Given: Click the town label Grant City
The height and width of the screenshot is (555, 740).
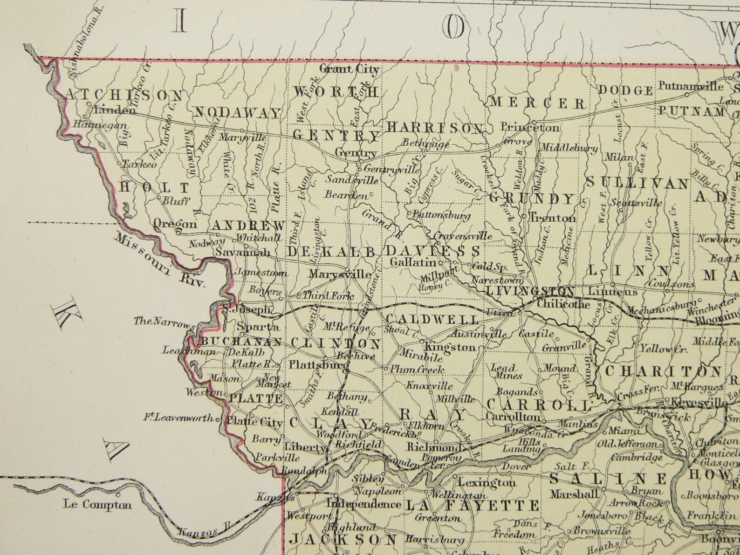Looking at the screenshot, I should [349, 69].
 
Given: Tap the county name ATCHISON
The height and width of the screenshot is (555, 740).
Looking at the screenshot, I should [123, 96].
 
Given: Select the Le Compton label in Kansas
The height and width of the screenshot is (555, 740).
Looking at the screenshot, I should [97, 505].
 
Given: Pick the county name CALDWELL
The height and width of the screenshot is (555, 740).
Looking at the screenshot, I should [432, 320].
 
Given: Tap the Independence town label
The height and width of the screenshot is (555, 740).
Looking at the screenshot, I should [363, 504].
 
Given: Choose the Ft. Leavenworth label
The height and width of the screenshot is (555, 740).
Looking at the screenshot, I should [178, 418].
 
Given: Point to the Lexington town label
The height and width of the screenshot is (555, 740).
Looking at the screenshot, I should [486, 482].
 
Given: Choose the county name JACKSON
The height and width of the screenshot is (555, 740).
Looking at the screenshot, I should [343, 539].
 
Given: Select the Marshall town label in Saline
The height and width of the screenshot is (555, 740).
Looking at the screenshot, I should [571, 493].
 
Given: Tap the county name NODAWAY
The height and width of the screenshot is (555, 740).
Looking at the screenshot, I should [238, 112].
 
